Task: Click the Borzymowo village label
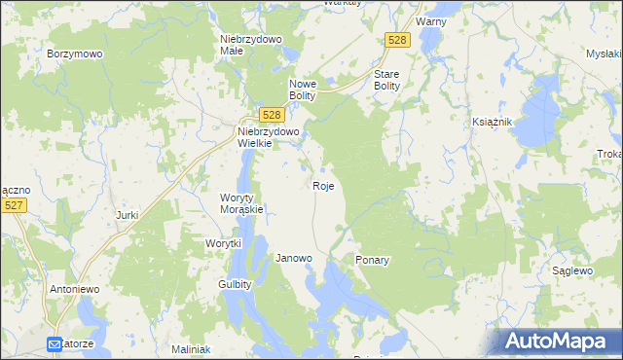75,54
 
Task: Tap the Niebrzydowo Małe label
250,46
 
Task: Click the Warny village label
430,20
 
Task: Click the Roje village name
325,185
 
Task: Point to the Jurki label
128,215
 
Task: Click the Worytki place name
223,243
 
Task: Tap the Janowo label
294,259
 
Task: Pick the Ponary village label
373,261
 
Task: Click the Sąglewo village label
572,270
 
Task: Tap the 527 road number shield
14,205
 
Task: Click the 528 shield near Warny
396,40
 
